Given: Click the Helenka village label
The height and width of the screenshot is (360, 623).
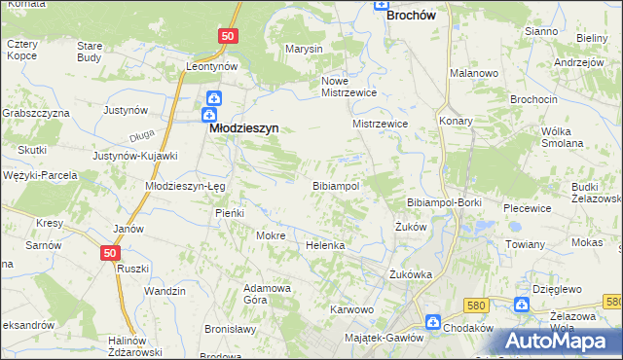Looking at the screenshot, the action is [x=326, y=245].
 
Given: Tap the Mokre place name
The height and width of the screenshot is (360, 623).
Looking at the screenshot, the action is [x=270, y=235].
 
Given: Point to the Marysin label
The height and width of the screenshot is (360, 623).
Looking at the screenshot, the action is [x=304, y=49].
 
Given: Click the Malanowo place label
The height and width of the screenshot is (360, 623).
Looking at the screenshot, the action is [x=474, y=73].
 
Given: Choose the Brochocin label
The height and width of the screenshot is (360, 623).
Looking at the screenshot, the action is [x=504, y=100].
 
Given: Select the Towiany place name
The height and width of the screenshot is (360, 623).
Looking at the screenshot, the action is [x=526, y=244].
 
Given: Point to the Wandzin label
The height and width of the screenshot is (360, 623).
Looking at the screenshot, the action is [x=165, y=291].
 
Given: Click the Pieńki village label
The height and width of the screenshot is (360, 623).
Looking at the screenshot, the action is [x=230, y=212].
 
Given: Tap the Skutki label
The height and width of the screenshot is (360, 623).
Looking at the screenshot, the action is [x=32, y=150].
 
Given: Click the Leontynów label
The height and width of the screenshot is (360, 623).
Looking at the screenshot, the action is [x=213, y=66].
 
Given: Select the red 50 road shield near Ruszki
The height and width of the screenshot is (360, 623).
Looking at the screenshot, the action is [x=110, y=252].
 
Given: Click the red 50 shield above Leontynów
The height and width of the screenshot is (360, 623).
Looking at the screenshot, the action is [x=227, y=36].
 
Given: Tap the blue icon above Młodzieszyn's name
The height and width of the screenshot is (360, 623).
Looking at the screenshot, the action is [x=213, y=99].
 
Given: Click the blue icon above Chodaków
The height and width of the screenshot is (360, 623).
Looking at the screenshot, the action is [x=433, y=321].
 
